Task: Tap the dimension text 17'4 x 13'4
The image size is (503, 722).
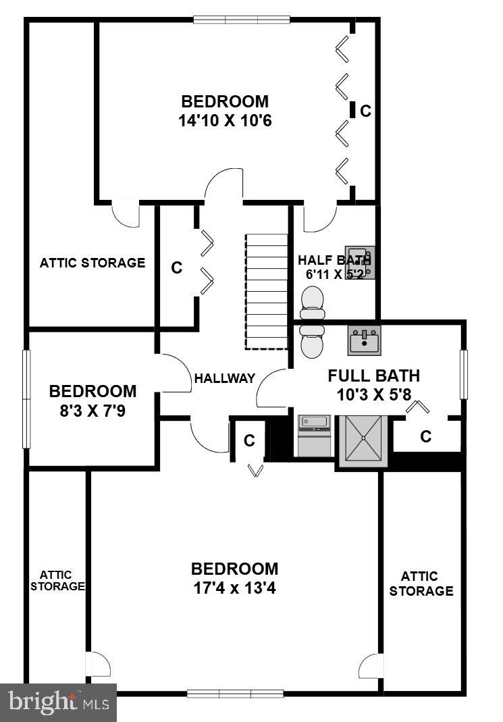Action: tap(234, 588)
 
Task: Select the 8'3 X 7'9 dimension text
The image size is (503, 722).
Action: tap(93, 410)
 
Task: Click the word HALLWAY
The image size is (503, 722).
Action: tap(225, 378)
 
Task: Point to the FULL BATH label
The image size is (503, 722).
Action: tap(373, 376)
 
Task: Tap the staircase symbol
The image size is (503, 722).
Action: tap(266, 291)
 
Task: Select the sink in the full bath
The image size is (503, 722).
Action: tap(365, 340)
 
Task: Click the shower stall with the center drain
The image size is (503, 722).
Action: tap(363, 440)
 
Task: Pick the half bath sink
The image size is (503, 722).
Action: tap(359, 261)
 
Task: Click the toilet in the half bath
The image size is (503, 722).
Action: tap(313, 302)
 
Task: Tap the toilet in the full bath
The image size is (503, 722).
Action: tap(313, 341)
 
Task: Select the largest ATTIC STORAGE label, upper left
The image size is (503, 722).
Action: tap(92, 263)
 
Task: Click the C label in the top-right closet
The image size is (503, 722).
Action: tap(365, 111)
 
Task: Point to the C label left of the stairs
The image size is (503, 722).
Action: tap(176, 267)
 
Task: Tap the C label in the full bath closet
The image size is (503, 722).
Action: tap(425, 437)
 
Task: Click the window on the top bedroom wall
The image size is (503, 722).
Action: tap(242, 19)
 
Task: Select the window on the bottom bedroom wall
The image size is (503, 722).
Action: tap(235, 694)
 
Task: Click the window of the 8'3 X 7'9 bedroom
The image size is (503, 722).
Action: tap(27, 398)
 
